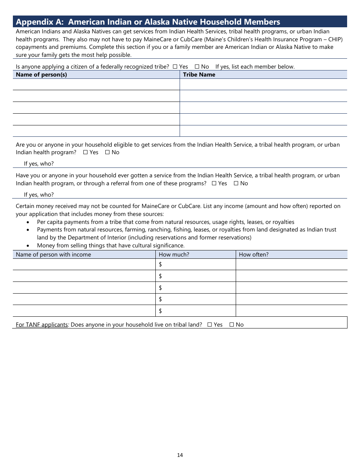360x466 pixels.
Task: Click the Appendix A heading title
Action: click(148, 22)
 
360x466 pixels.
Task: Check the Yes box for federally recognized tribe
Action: click(175, 67)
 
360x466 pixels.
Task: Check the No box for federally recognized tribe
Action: click(197, 67)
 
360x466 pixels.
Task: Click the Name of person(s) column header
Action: click(41, 75)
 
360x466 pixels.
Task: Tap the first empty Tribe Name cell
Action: click(263, 84)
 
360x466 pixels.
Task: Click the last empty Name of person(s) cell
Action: click(96, 131)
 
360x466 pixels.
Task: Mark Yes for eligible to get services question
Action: click(85, 152)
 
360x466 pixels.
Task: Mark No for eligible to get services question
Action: click(107, 152)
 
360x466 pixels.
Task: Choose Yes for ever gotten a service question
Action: click(214, 183)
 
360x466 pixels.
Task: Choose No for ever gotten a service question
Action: click(236, 183)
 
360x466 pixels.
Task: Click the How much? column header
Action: click(174, 255)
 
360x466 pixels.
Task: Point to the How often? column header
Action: click(254, 255)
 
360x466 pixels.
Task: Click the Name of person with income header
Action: click(53, 255)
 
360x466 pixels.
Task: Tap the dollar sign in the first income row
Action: click(161, 264)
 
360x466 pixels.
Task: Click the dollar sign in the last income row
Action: click(161, 311)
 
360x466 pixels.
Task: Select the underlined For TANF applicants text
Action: click(42, 325)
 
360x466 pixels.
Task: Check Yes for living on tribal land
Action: click(210, 325)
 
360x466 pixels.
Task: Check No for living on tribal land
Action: click(232, 325)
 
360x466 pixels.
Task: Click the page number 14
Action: click(180, 455)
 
